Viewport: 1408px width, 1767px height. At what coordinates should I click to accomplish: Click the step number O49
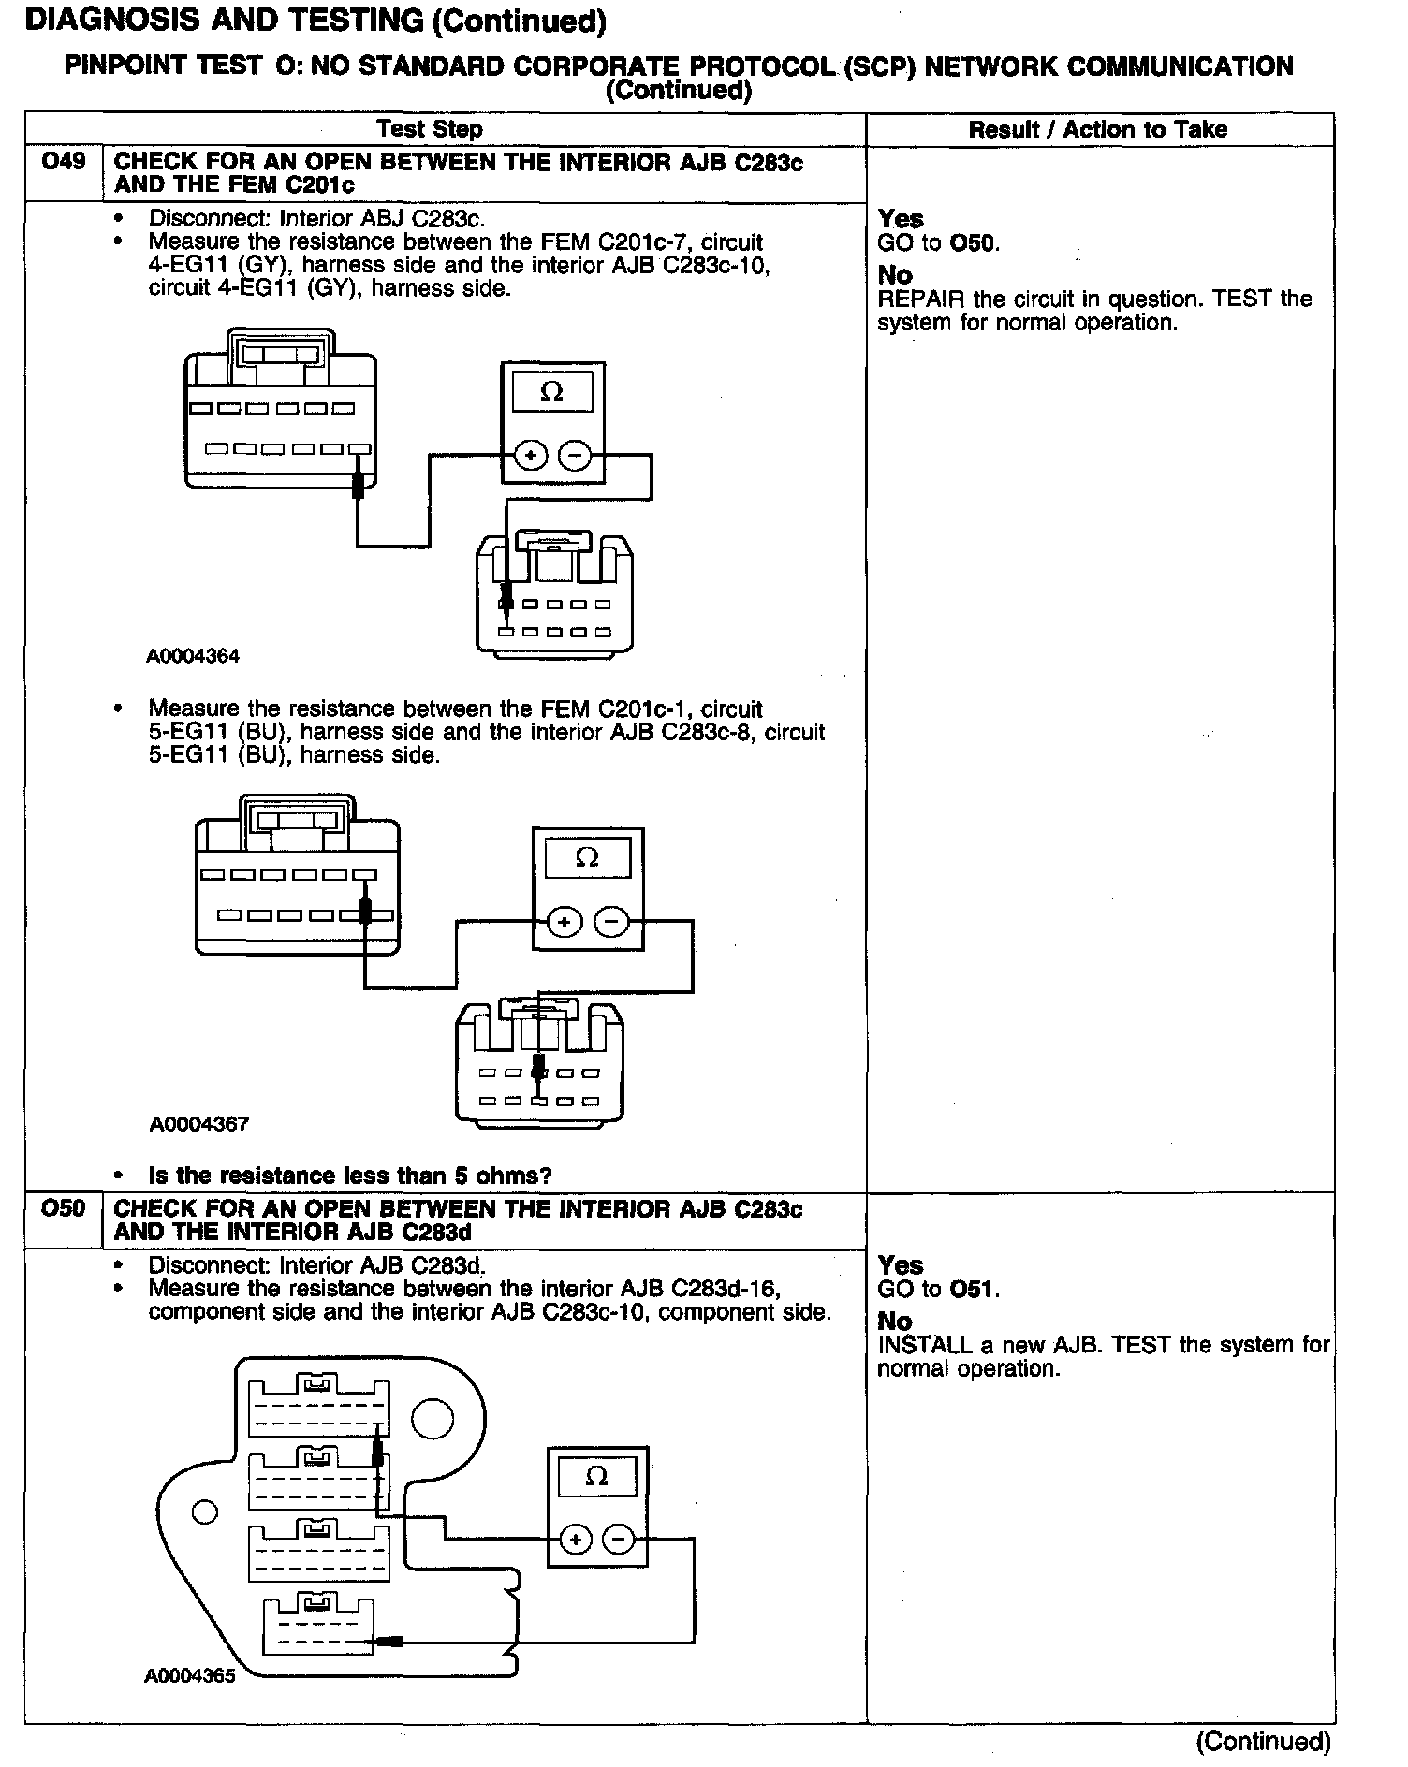point(64,162)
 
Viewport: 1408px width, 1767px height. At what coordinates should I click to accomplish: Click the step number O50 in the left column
point(64,1208)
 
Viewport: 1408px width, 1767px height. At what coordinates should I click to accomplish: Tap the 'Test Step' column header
point(430,129)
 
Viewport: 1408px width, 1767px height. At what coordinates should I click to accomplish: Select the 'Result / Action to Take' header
point(1097,129)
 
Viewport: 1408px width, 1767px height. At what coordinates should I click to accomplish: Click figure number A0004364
point(193,656)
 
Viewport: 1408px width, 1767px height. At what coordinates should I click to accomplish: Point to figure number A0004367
point(199,1123)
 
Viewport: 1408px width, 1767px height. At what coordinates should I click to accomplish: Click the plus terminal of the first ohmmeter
point(531,457)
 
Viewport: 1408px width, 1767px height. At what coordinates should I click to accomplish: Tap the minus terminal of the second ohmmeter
point(611,922)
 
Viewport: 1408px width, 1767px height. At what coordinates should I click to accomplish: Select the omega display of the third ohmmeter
point(596,1477)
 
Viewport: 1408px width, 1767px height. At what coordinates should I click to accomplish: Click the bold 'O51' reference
point(973,1289)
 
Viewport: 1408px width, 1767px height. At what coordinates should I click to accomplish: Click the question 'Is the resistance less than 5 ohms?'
point(350,1176)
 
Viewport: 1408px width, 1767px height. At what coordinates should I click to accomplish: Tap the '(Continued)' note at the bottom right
point(1263,1741)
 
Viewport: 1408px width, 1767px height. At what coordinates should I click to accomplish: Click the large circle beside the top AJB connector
point(433,1418)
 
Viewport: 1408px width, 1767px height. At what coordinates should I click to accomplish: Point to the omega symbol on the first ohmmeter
point(552,392)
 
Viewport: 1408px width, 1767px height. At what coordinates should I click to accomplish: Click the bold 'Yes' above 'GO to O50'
point(901,219)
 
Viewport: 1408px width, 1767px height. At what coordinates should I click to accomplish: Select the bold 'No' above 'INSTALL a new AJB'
point(894,1321)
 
